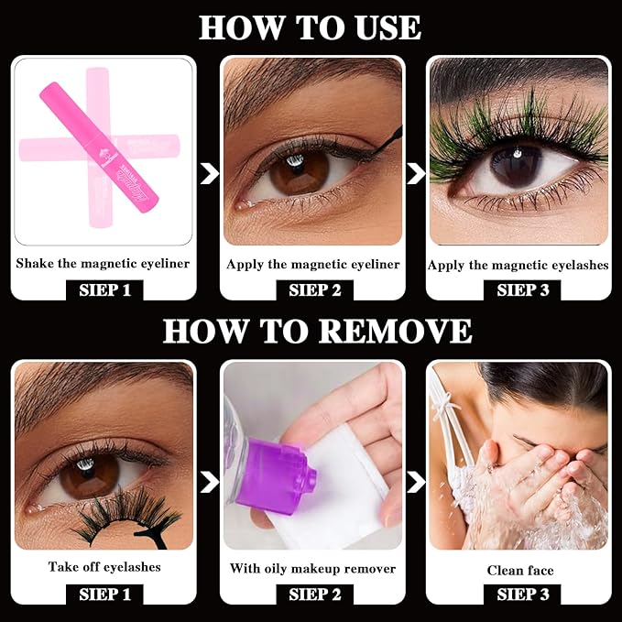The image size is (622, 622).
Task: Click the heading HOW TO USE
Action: point(310,27)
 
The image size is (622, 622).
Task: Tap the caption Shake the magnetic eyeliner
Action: point(103,264)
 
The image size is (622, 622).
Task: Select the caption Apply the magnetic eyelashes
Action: point(518,265)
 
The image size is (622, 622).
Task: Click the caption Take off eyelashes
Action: point(104,567)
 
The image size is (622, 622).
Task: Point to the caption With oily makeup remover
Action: point(312,568)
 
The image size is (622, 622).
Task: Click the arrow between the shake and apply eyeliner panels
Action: point(209,172)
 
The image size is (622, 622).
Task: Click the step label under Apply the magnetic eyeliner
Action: point(312,291)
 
